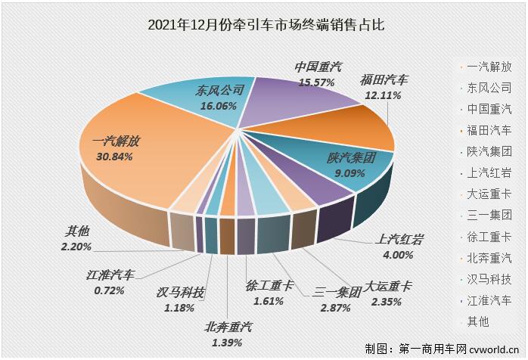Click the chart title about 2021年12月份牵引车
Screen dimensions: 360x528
[x=264, y=26]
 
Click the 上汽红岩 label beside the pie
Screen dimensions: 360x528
[x=399, y=241]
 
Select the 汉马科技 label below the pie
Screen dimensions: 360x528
[x=180, y=293]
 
